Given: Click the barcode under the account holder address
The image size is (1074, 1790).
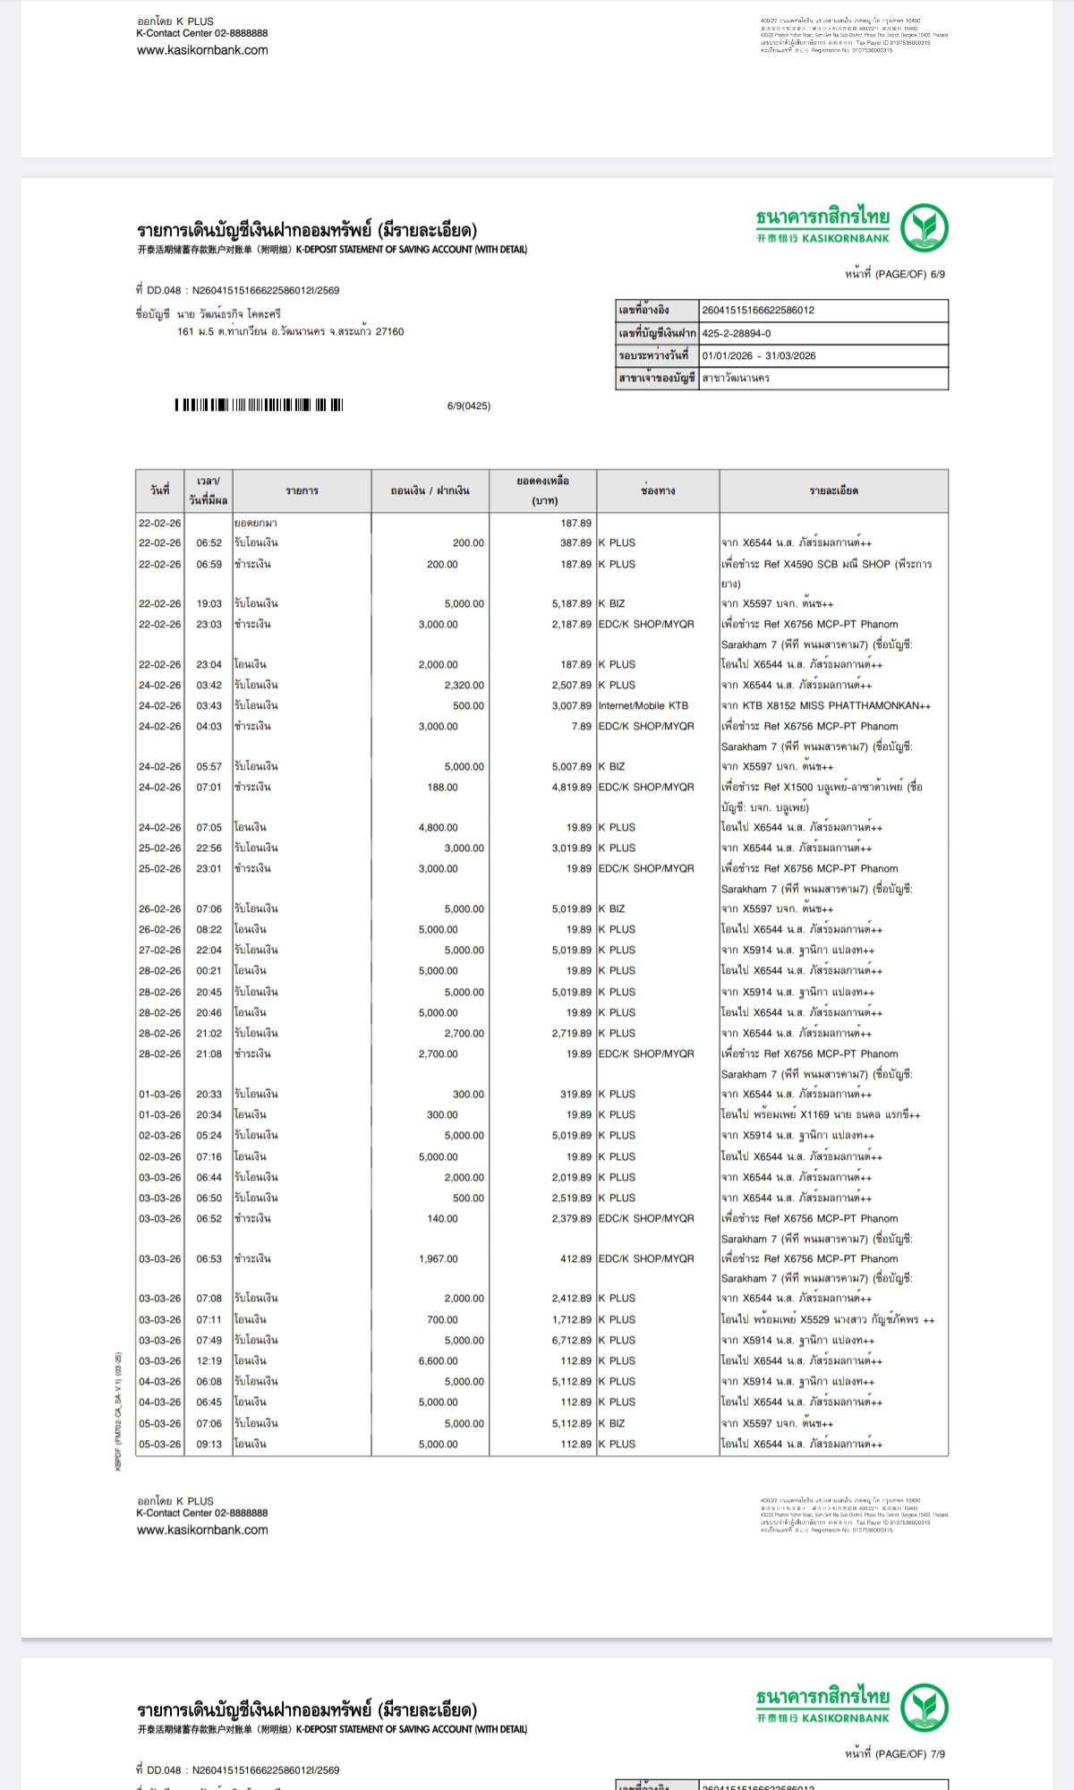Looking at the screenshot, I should (x=259, y=405).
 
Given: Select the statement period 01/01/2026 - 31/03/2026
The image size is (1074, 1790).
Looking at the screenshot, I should (x=759, y=355).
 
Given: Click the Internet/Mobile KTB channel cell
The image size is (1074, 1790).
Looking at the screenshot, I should (x=644, y=705).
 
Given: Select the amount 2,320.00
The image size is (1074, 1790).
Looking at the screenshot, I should (x=464, y=685).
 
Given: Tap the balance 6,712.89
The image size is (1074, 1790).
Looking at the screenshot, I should (x=571, y=1340).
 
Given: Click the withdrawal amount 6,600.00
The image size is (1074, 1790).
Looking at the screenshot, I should (x=438, y=1360).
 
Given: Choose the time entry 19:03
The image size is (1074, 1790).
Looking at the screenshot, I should (x=209, y=603).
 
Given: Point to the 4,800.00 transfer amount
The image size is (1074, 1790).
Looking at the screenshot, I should (x=438, y=827).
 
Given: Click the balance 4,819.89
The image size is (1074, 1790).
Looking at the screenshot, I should (x=571, y=787).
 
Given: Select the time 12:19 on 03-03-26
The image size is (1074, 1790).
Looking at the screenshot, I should (x=209, y=1360).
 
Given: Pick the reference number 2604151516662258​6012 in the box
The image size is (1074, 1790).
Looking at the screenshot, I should (x=758, y=310).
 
